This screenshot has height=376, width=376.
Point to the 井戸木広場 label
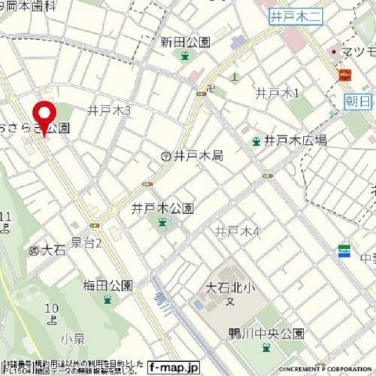(x=295, y=140)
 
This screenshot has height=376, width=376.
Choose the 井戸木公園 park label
(x=162, y=208)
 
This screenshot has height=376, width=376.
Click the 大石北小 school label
(x=230, y=287)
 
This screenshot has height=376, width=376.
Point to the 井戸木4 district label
(x=236, y=231)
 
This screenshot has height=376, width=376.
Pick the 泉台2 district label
(x=87, y=243)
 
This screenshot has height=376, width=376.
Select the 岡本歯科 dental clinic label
(x=31, y=5)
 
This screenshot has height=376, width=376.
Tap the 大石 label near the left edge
(x=52, y=251)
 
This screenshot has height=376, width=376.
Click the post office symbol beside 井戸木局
(x=166, y=157)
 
